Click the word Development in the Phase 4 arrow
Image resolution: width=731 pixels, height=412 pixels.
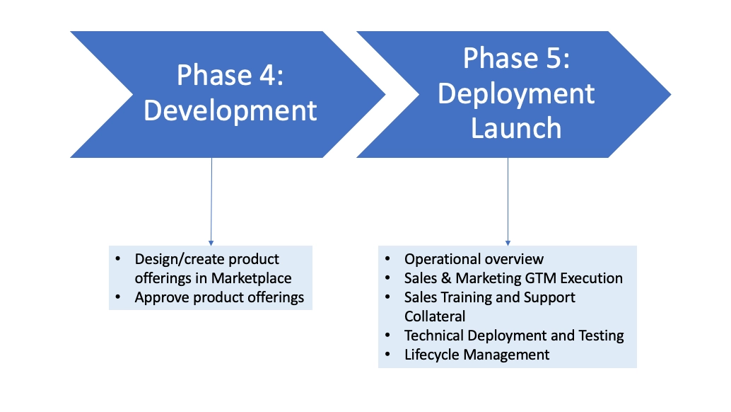(x=230, y=111)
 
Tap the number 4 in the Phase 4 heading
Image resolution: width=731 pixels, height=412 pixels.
(x=267, y=75)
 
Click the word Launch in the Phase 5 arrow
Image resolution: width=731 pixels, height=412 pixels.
(x=516, y=128)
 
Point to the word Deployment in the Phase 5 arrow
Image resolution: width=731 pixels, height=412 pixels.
(x=516, y=93)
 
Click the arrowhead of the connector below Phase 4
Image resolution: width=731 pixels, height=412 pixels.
(x=211, y=241)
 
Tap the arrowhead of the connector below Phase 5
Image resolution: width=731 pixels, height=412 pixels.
(x=508, y=241)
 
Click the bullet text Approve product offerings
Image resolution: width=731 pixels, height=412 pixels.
(x=219, y=297)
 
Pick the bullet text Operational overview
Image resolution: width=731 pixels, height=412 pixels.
(x=474, y=259)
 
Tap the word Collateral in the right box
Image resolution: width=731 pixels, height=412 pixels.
(x=435, y=316)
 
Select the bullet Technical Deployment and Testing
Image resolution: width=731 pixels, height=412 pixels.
(x=514, y=336)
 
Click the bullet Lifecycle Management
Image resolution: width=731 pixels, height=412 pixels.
(x=476, y=354)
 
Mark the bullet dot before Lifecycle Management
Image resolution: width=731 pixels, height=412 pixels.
(x=388, y=353)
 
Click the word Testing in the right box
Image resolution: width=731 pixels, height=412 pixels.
(x=600, y=336)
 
